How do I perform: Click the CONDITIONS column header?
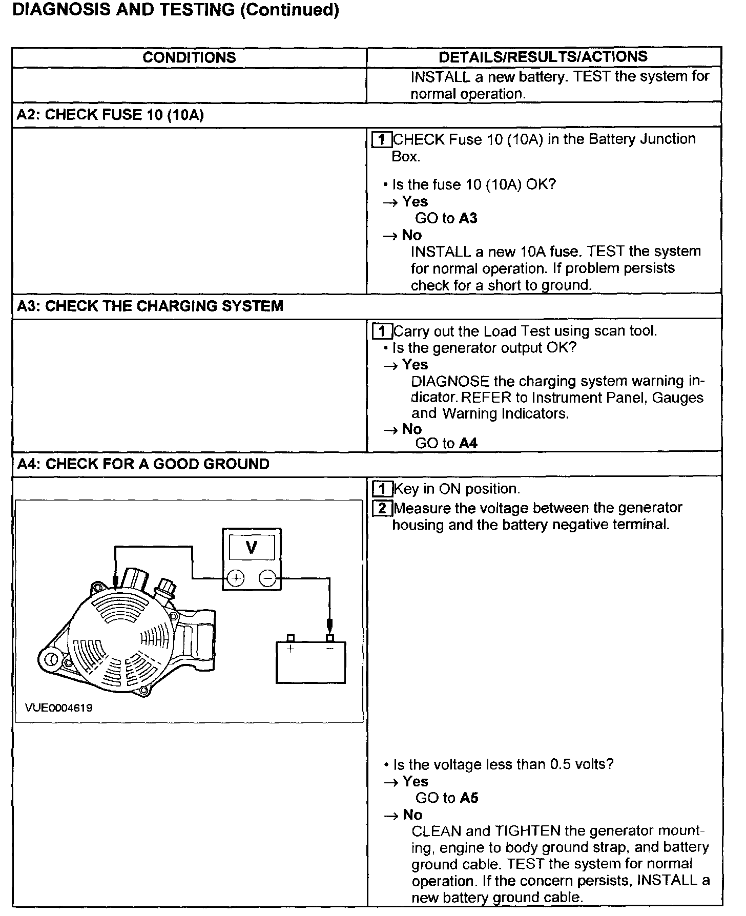(189, 57)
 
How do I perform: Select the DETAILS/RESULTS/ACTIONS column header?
(543, 56)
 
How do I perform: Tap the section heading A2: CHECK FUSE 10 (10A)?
(110, 115)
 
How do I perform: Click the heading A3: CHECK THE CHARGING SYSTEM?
(150, 306)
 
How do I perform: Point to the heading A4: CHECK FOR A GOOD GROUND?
(143, 464)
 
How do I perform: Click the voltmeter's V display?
(251, 548)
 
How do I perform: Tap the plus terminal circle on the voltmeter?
(235, 578)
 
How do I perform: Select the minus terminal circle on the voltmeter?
(267, 578)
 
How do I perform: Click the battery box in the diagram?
(310, 662)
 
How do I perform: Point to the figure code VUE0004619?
(59, 708)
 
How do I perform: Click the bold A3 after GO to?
(468, 218)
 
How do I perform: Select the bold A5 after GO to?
(469, 798)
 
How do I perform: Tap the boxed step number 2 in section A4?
(382, 508)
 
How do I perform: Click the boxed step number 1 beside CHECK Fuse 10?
(381, 139)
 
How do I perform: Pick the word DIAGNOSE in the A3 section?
(450, 381)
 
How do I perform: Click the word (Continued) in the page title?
(289, 10)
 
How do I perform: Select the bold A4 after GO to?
(468, 444)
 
